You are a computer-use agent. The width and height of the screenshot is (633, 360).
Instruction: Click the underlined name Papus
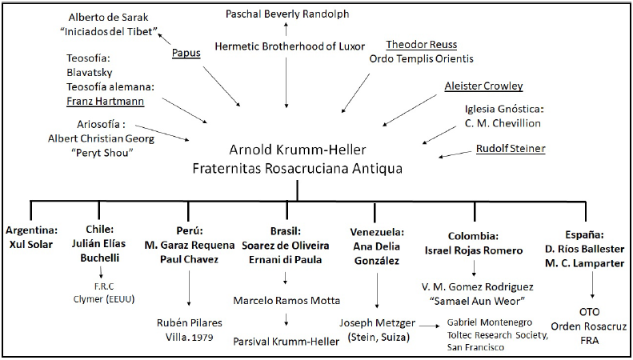[186, 54]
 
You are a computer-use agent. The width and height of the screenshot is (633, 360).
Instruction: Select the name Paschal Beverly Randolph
[287, 14]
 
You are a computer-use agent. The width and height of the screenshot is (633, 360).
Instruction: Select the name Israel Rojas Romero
[474, 250]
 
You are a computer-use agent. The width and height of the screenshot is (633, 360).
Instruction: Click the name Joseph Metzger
[377, 322]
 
